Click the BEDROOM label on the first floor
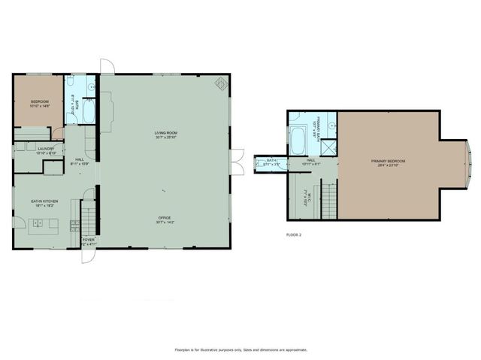(x=39, y=101)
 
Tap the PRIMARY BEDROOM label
(x=388, y=162)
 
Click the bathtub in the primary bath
(x=298, y=140)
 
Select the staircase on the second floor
(x=328, y=196)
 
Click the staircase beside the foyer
(x=88, y=217)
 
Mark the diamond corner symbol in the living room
(x=221, y=84)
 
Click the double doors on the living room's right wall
(x=237, y=162)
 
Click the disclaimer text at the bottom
(x=240, y=349)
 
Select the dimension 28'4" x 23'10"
(x=388, y=166)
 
